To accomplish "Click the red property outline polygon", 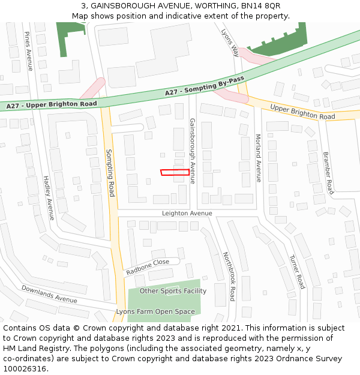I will (175, 173).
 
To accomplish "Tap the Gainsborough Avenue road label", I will (193, 151).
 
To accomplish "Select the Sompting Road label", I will (110, 173).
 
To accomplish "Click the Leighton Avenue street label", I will (187, 213).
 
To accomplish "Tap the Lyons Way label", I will (230, 42).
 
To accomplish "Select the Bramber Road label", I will (328, 173).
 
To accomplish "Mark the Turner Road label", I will (297, 271).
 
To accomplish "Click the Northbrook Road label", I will (229, 276).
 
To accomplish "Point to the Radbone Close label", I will (148, 267).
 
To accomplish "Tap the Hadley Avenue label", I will (49, 198).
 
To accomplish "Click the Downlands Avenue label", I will (49, 293).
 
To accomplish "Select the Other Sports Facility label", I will (173, 291).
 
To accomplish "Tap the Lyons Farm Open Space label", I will (155, 312).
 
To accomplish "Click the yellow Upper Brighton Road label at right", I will (302, 112).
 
